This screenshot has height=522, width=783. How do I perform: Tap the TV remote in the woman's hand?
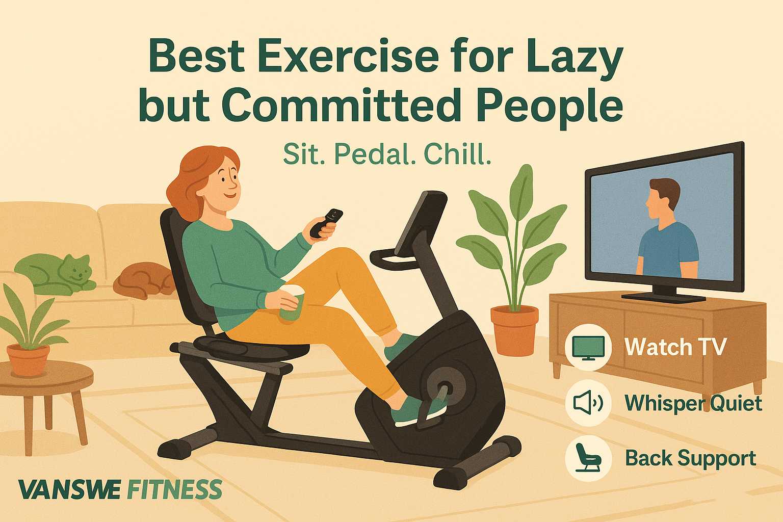pyautogui.click(x=326, y=223)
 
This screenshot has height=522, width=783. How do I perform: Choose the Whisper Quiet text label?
pyautogui.click(x=693, y=403)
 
